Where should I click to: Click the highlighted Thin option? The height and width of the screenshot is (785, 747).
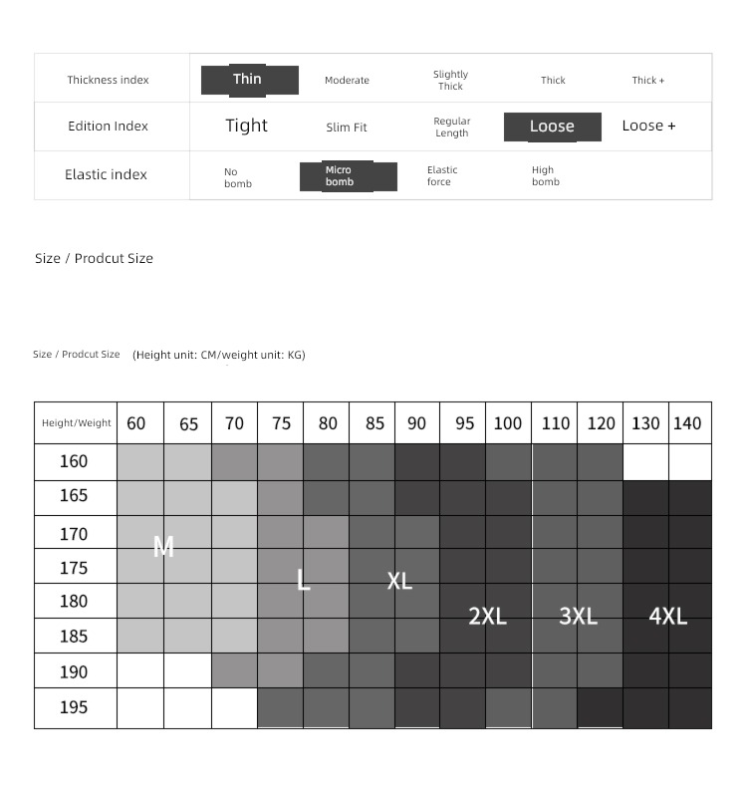click(249, 80)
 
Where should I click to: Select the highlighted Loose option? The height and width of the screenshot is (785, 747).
click(552, 127)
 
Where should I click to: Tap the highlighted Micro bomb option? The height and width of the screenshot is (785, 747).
click(348, 176)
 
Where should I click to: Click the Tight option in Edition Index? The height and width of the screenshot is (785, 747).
click(246, 126)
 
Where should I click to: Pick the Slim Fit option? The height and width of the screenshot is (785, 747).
click(347, 128)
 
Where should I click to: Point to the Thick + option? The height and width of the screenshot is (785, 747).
click(647, 81)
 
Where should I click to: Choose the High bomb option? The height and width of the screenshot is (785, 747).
click(546, 176)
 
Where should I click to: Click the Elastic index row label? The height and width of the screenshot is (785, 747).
click(106, 174)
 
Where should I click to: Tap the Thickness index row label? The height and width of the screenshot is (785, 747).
click(108, 80)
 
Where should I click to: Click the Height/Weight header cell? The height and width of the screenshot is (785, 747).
click(76, 423)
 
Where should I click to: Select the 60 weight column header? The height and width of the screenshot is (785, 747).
click(136, 423)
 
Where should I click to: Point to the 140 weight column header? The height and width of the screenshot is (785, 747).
click(687, 423)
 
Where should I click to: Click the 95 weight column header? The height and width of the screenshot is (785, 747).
click(464, 423)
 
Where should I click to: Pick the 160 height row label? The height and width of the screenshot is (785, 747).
click(74, 461)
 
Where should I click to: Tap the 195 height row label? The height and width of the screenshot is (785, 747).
click(74, 707)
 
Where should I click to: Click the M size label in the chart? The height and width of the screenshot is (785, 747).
click(164, 546)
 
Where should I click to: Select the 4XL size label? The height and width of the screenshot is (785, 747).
click(667, 616)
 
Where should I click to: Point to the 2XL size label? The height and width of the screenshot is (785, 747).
click(487, 616)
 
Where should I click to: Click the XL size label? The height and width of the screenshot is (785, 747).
click(399, 581)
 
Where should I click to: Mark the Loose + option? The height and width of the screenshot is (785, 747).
click(648, 126)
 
